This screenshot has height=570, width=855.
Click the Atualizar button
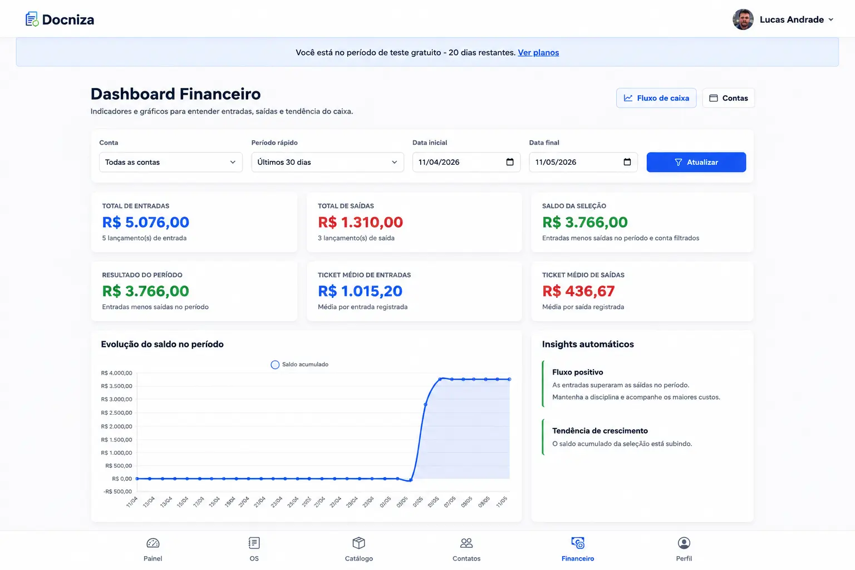point(696,162)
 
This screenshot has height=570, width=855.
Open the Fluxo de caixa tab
point(656,98)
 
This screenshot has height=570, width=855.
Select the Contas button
point(728,98)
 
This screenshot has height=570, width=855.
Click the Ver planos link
point(538,53)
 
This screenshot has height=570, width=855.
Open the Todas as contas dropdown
point(171,162)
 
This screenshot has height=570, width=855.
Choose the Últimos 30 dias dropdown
point(327,162)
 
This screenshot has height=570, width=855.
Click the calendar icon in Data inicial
point(509,162)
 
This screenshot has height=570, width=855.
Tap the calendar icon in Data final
point(627,162)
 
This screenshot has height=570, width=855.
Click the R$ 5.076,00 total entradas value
point(145,222)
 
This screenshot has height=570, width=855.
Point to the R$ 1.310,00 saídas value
point(360,222)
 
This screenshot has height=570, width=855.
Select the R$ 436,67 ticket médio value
point(578,291)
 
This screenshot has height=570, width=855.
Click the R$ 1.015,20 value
point(360,291)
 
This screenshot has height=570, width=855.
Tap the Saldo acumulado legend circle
point(275,365)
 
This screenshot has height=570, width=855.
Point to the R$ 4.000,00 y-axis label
point(116,373)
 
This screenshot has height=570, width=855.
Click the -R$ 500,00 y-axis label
point(117,492)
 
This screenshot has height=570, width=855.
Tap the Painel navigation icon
point(153,543)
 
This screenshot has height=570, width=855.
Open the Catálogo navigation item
point(359,549)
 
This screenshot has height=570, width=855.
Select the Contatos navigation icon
point(466,543)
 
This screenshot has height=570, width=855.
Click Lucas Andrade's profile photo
point(743,19)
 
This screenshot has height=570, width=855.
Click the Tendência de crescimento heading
point(600,431)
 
